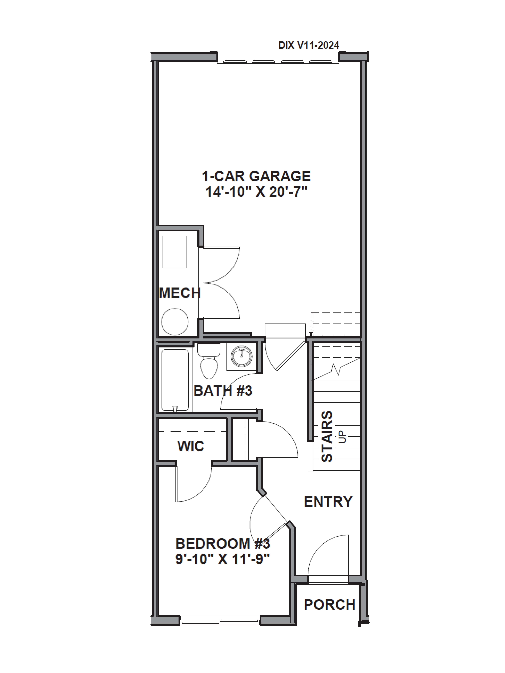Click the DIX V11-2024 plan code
point(309,45)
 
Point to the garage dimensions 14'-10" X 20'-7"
point(256,192)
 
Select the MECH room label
point(180,293)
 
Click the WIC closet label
point(191,446)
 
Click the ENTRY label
point(328,501)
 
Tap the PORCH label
point(330,605)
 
